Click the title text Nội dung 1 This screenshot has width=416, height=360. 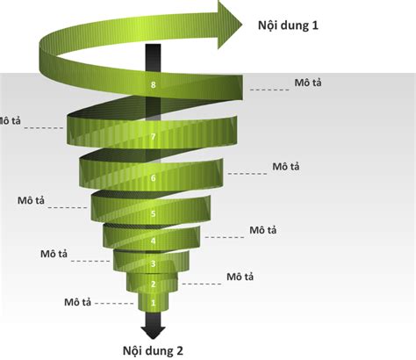288,25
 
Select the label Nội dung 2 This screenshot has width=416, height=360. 153,350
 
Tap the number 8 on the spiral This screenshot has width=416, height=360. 154,85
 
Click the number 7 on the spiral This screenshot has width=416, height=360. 154,137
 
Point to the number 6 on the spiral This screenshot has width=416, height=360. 154,178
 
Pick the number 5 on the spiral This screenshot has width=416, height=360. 154,213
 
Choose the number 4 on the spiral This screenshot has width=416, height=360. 154,241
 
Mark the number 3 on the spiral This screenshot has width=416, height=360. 154,263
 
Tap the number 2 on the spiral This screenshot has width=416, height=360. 154,284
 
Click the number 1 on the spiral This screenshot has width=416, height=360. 154,303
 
